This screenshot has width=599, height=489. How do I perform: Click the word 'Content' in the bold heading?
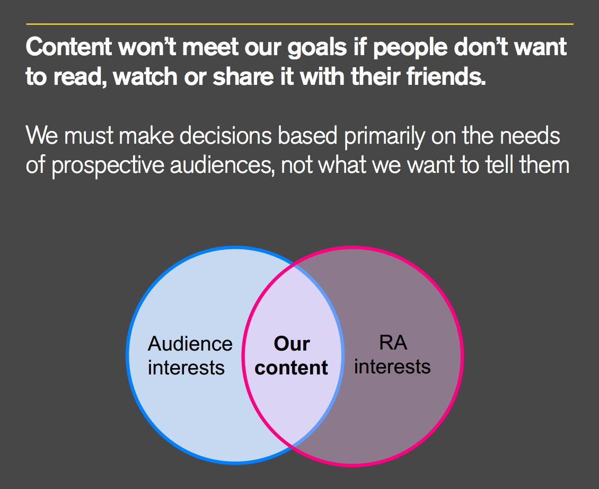point(69,47)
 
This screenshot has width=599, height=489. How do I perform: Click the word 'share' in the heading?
point(243,76)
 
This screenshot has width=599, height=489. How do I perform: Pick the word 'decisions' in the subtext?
point(225,136)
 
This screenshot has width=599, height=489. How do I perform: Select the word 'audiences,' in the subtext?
point(222,165)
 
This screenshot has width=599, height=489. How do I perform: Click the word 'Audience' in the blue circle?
point(190,344)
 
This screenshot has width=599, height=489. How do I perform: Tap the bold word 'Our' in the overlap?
point(292,344)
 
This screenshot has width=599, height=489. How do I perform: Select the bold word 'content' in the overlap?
point(291,368)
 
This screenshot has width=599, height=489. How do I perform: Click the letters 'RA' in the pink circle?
point(393,343)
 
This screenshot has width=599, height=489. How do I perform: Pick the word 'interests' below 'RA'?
point(392,366)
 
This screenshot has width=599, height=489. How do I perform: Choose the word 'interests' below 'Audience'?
point(186,368)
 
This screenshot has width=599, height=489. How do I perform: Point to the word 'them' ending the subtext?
point(544,165)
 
